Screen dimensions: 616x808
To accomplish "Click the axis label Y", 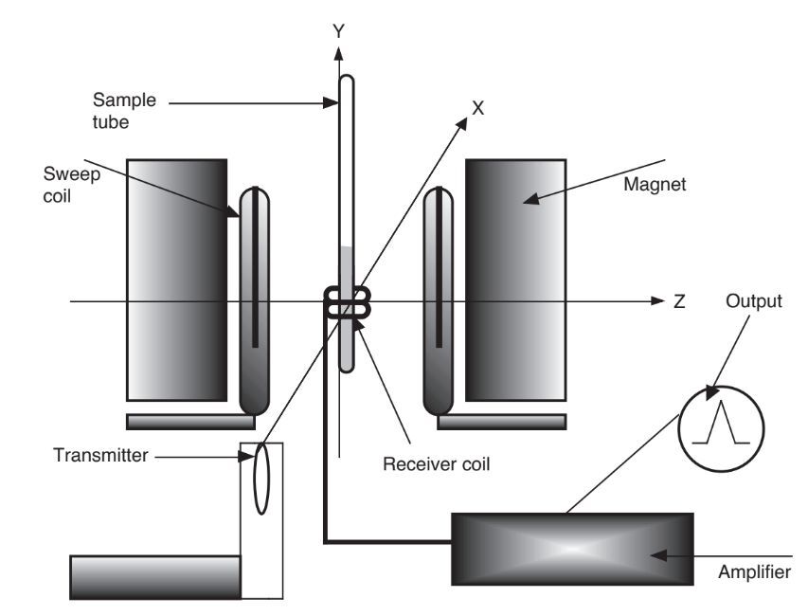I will pos(337,30).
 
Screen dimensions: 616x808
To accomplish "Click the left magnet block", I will pos(176,280).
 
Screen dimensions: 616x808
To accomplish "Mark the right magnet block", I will pos(515,280).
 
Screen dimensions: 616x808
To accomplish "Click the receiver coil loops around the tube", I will pos(348,304).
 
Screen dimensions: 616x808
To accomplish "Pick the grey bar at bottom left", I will pos(155,574).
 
